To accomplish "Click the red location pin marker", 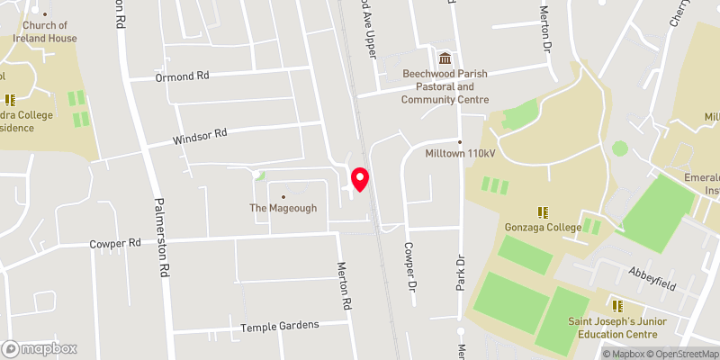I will (360, 178).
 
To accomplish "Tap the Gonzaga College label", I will (543, 227).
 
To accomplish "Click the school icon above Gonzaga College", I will (543, 211).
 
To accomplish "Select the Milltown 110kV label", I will (461, 154).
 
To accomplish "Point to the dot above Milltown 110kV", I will (460, 141).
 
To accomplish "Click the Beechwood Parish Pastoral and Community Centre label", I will (445, 87).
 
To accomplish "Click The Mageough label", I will (283, 209).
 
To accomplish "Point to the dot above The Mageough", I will (283, 196).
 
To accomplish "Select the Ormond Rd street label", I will (182, 76).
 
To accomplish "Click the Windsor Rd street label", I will (200, 136).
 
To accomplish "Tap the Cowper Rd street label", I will (115, 244).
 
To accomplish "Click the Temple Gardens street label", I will (280, 325).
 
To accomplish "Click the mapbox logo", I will (40, 348).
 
